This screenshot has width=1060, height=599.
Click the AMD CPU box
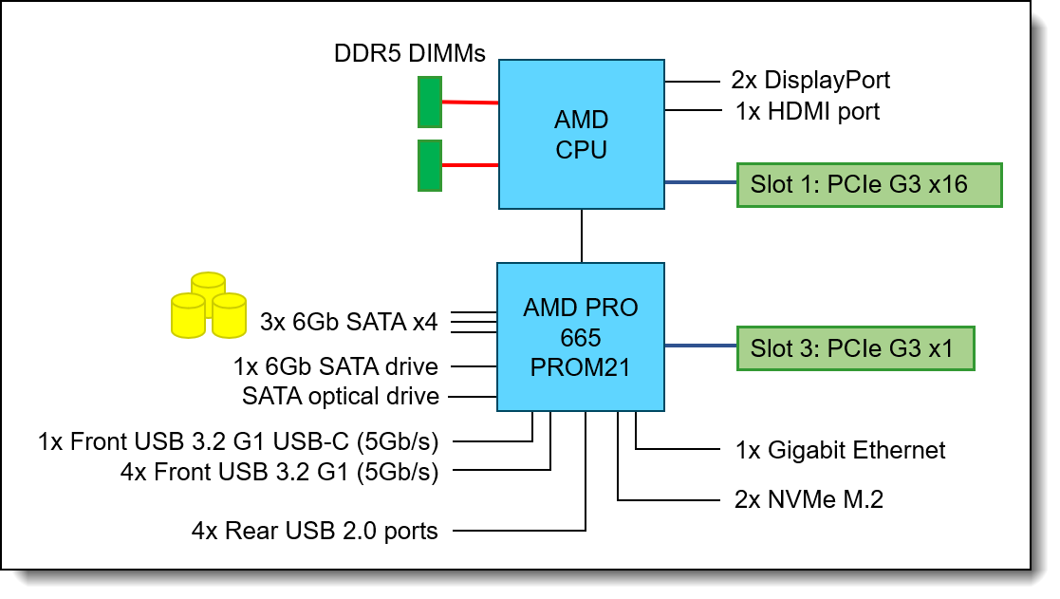[582, 134]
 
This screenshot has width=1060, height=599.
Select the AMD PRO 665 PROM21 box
[581, 337]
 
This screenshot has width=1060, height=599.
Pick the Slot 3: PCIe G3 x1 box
[856, 347]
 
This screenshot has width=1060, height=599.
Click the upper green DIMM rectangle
[430, 103]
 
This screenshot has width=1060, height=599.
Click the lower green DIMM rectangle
[430, 164]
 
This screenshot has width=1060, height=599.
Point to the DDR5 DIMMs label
[410, 54]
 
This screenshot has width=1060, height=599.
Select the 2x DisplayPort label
[810, 80]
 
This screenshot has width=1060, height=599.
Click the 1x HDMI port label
[808, 111]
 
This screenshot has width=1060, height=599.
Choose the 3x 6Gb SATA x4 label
[348, 323]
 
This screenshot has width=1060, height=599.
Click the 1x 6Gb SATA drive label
[336, 365]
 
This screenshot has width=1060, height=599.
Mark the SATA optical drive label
[341, 396]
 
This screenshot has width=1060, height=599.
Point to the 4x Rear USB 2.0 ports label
[315, 531]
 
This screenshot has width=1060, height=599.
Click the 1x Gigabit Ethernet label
[841, 449]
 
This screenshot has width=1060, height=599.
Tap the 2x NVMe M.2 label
[809, 499]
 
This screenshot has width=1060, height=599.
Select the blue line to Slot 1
[700, 182]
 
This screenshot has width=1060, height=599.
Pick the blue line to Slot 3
[700, 346]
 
